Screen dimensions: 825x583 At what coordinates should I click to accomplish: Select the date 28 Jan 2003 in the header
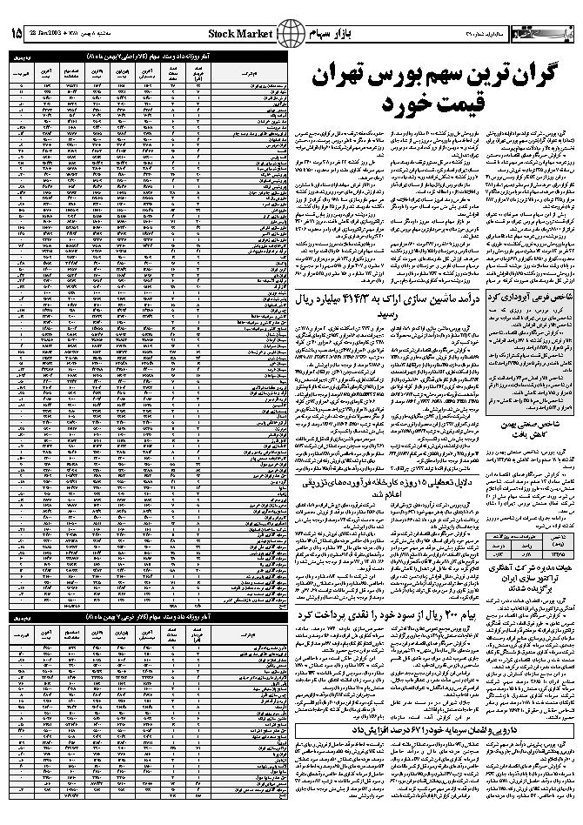[54, 33]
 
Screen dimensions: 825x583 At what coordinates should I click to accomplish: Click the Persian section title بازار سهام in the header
[325, 33]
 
